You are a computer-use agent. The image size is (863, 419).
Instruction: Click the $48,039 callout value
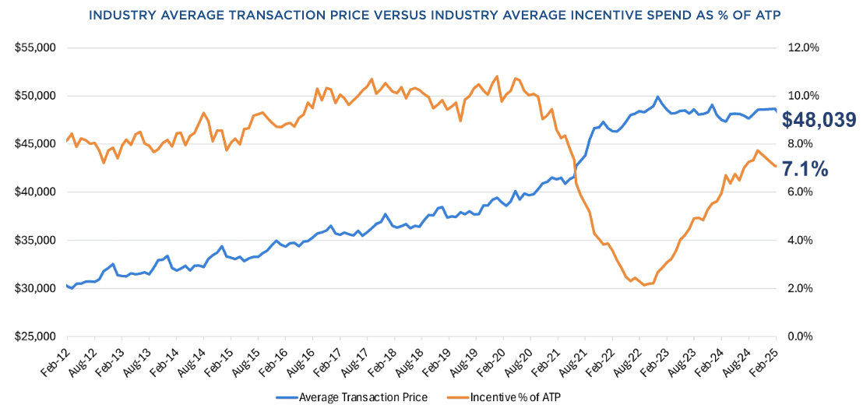coord(819,120)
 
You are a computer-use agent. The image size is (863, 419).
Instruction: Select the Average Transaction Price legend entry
coord(352,398)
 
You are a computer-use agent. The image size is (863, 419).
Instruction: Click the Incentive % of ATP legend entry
coord(515,398)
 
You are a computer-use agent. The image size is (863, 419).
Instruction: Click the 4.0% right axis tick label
coord(803,241)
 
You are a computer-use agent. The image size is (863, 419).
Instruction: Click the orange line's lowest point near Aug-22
coord(644,285)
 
